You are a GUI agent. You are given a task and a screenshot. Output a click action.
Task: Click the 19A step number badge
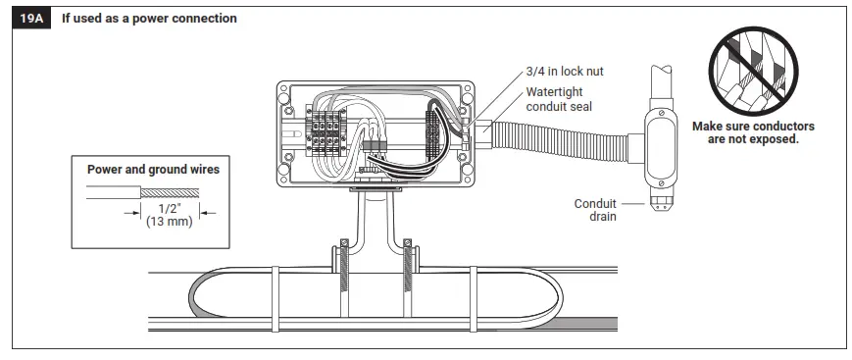30,19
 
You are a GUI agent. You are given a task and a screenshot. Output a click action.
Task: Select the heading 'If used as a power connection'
149,19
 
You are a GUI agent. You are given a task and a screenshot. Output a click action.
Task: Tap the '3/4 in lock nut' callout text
564,71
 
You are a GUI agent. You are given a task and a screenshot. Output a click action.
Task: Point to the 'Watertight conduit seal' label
561,99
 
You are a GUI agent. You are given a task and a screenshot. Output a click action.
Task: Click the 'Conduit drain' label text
595,210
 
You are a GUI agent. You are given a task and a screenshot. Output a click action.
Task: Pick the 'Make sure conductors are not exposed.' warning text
753,132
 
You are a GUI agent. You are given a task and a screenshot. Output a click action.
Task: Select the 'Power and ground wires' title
153,169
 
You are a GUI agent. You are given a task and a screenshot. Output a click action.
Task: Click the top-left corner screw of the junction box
283,91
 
